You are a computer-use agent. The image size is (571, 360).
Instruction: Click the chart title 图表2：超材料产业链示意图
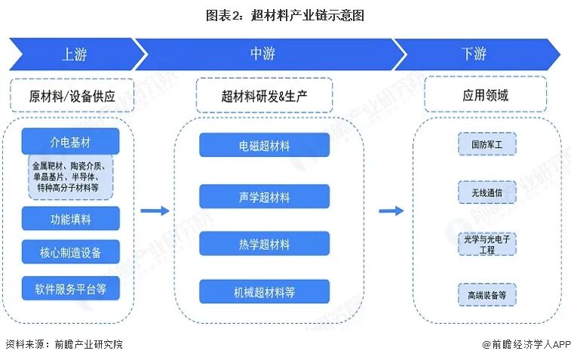click(285, 15)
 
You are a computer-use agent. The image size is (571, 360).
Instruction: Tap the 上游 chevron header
click(75, 54)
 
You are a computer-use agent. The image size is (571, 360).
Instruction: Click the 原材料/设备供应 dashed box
click(72, 95)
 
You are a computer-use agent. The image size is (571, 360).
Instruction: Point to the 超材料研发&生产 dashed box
click(264, 95)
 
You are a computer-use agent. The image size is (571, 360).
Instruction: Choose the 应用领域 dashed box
click(486, 95)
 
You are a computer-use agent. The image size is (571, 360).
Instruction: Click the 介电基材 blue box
click(70, 141)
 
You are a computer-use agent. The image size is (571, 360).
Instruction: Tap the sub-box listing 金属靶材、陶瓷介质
click(71, 177)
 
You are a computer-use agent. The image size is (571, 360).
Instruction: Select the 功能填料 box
click(71, 219)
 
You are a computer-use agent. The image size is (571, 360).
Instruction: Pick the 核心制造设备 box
click(71, 252)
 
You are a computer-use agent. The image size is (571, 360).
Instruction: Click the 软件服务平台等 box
click(71, 288)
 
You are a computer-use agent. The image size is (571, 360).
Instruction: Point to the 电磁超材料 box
click(264, 145)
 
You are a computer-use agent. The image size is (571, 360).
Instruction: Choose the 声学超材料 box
click(264, 197)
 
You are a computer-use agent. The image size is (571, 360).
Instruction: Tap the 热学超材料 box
click(264, 244)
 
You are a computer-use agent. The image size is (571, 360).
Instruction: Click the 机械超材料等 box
click(264, 291)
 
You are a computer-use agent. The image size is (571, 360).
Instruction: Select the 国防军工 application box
click(487, 144)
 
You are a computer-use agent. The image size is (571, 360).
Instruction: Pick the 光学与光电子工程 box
click(487, 244)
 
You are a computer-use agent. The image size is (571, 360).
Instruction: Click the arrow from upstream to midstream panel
click(155, 211)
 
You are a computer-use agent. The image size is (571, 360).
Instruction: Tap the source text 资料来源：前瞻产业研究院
click(64, 344)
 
